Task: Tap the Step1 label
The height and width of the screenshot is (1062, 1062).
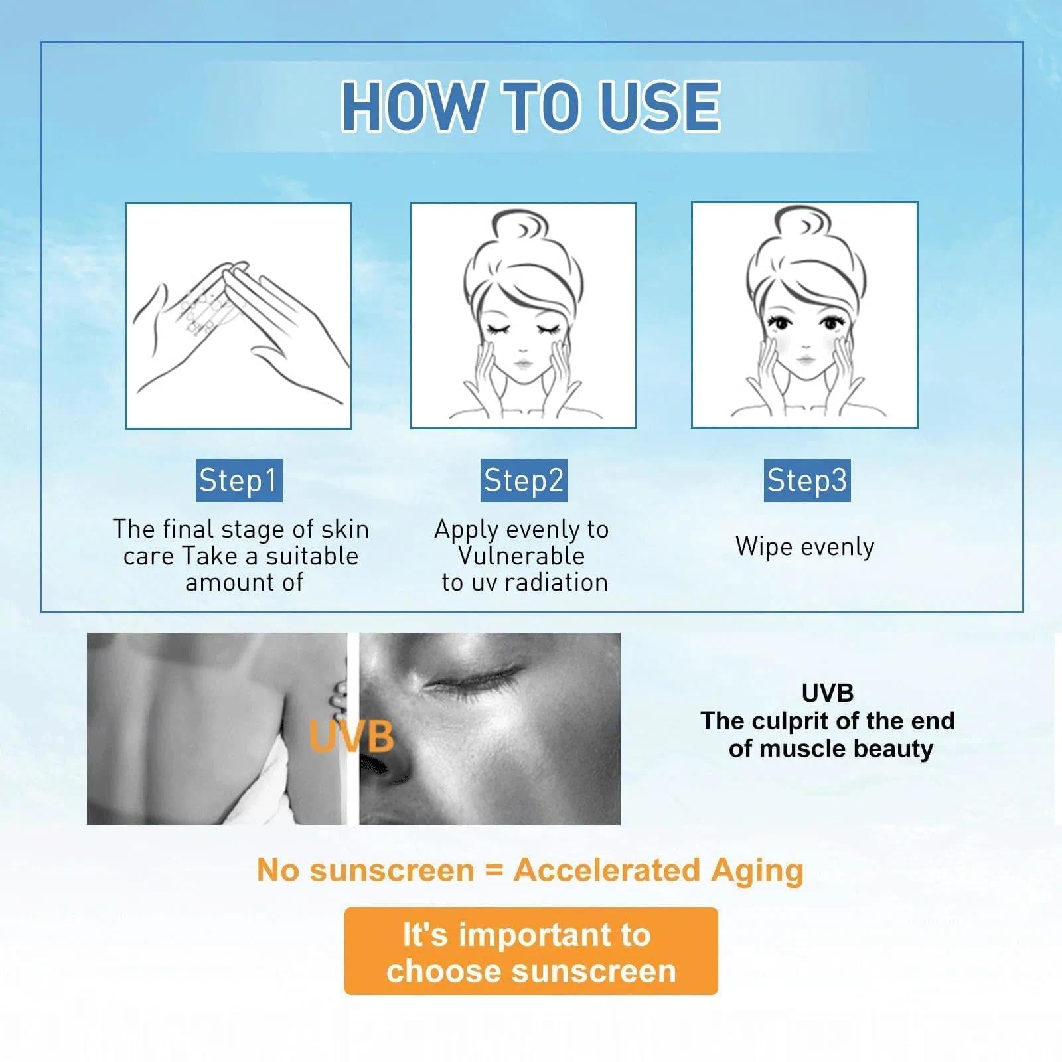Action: (x=239, y=480)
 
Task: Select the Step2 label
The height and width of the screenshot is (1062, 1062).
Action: (x=524, y=480)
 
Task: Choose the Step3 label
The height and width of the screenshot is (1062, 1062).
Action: (x=807, y=480)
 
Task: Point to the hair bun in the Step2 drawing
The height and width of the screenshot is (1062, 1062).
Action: (x=523, y=229)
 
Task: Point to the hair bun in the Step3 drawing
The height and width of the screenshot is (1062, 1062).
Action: (x=804, y=228)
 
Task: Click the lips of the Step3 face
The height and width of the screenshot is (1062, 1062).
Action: (x=805, y=360)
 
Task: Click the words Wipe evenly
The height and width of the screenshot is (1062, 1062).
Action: (x=805, y=547)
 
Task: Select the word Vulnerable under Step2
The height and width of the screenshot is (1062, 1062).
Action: (x=522, y=556)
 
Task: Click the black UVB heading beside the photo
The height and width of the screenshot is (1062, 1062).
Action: (x=828, y=693)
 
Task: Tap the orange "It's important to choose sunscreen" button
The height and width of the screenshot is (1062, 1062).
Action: (x=531, y=951)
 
